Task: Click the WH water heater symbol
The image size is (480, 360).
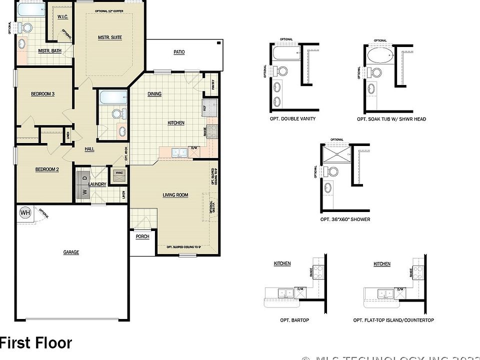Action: tap(24, 213)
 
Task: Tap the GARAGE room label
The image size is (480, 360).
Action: tap(71, 252)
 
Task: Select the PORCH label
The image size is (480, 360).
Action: tap(142, 236)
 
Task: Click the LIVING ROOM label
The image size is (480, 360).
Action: tap(175, 195)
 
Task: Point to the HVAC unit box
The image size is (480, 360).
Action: tap(119, 173)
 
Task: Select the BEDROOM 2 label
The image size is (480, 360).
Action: tap(47, 169)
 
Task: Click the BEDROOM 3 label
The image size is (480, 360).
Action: tap(42, 94)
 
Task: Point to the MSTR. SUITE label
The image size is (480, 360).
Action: tap(109, 37)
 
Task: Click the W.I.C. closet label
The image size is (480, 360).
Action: tap(62, 16)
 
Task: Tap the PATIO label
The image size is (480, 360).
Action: tap(179, 52)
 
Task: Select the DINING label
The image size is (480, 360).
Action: tap(154, 94)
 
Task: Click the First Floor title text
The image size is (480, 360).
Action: tap(36, 343)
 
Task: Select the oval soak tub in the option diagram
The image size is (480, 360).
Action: tap(380, 54)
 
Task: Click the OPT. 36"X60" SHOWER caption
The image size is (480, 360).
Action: tap(345, 219)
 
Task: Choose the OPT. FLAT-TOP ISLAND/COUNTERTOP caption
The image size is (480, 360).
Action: tap(393, 320)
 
